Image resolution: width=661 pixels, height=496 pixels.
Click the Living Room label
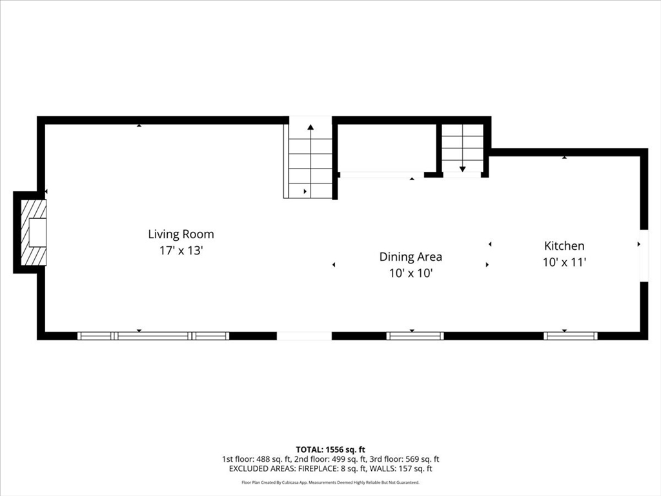point(181,234)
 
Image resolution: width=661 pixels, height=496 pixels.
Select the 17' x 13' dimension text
point(181,251)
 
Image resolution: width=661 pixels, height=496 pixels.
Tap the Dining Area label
point(411,257)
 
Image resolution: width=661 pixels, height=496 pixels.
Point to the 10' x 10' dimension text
point(411,273)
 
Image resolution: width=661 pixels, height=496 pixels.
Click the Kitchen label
point(564,246)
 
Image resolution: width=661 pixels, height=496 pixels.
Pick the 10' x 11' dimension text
point(564,262)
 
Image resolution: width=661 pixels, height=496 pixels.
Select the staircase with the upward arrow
point(310,161)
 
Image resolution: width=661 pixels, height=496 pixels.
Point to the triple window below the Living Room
point(153,336)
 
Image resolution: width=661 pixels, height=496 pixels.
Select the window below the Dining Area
point(414,336)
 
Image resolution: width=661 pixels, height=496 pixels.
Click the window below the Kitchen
point(571,336)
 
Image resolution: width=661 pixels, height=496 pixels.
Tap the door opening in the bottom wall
point(304,336)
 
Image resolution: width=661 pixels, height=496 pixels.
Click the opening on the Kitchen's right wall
point(644,255)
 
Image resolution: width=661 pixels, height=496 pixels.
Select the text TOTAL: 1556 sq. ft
point(330,449)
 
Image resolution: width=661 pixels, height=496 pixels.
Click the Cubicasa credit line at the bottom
point(330,482)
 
